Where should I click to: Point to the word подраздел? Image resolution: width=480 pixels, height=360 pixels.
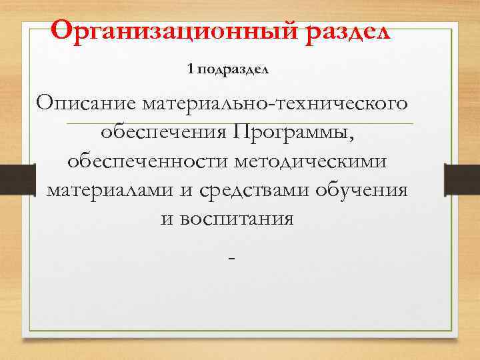[x=231, y=69]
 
